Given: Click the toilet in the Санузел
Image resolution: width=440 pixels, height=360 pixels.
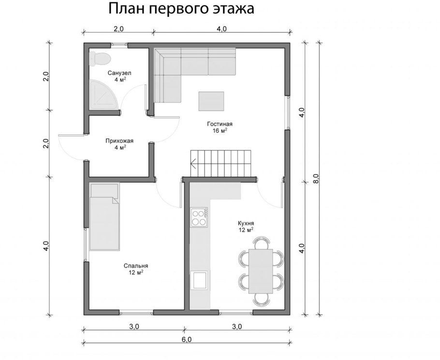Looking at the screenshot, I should pyautogui.click(x=100, y=58).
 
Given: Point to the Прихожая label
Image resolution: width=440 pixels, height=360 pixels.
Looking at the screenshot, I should pyautogui.click(x=119, y=141).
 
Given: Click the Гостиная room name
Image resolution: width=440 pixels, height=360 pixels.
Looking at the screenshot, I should pyautogui.click(x=220, y=124).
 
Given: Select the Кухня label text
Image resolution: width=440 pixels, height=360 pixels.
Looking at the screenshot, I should pyautogui.click(x=246, y=223).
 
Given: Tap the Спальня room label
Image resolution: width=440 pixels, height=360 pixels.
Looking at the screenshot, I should pyautogui.click(x=135, y=266).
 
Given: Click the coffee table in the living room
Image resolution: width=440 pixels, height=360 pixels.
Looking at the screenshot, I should pyautogui.click(x=211, y=102).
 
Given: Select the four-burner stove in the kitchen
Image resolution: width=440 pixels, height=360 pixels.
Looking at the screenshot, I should pyautogui.click(x=199, y=217).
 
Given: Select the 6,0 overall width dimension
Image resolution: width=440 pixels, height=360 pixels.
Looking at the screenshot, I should pyautogui.click(x=187, y=340).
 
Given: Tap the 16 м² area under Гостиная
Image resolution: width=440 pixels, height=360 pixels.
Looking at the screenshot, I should pyautogui.click(x=220, y=131).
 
